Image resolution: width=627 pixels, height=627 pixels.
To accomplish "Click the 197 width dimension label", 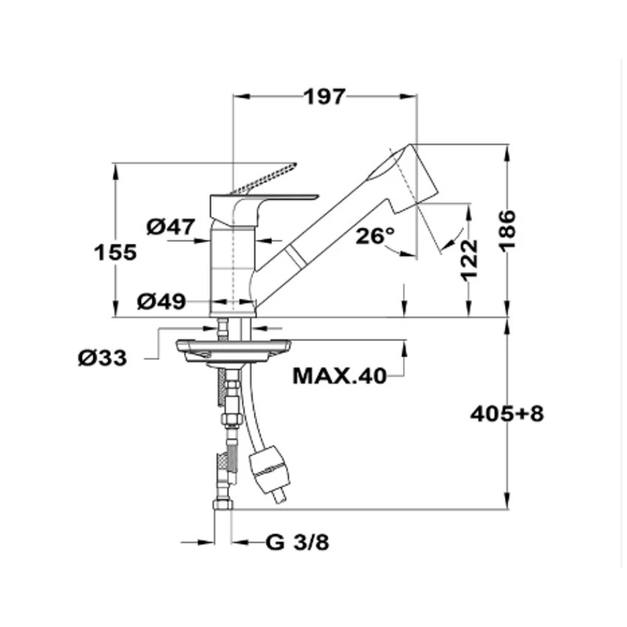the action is pos(324,97).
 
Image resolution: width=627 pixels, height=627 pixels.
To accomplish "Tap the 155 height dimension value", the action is pos(115,252).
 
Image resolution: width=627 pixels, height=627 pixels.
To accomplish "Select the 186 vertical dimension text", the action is pos(507,230).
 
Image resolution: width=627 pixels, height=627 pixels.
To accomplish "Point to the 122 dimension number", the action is pos(469,259).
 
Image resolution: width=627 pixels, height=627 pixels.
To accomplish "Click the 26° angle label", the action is pos(375,236).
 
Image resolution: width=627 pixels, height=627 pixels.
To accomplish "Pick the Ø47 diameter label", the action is pos(171,227).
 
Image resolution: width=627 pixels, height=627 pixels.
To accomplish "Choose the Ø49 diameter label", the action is pos(161,302).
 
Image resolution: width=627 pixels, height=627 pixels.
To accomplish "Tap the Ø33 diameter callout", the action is pos(103,358).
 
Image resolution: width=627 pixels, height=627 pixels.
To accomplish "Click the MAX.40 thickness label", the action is pos(340,376).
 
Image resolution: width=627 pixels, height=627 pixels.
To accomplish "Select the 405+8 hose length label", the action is pos(506,414).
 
